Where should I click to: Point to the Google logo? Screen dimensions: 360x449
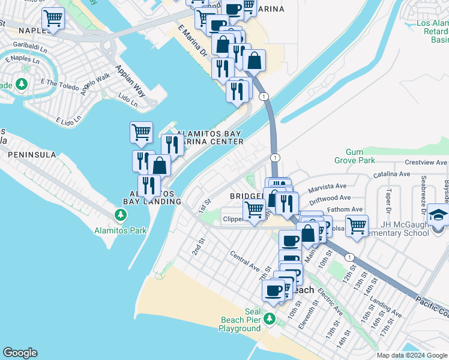[x=20, y=353]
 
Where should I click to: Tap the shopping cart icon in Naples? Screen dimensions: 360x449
[x=53, y=19]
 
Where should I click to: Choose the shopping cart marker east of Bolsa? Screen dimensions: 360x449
[x=357, y=226]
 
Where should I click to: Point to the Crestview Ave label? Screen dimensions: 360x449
[x=426, y=163]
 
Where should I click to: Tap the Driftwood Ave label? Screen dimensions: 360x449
[x=328, y=197]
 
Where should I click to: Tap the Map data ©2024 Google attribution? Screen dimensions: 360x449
[x=411, y=355]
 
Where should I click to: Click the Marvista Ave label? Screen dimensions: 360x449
[x=328, y=187]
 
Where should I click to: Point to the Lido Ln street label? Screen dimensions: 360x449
[x=127, y=100]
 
